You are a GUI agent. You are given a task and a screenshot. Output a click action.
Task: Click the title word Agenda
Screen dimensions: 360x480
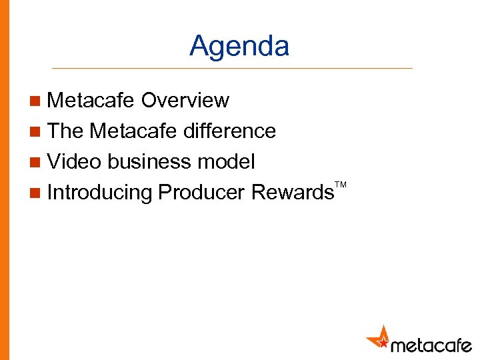click(239, 47)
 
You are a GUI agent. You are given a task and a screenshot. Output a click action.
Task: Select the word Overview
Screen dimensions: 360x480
click(185, 101)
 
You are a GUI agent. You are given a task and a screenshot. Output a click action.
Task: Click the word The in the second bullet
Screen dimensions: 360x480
click(65, 131)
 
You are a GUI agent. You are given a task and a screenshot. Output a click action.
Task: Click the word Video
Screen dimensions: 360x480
click(75, 162)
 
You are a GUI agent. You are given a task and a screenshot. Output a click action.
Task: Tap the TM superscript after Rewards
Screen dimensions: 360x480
click(341, 183)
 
